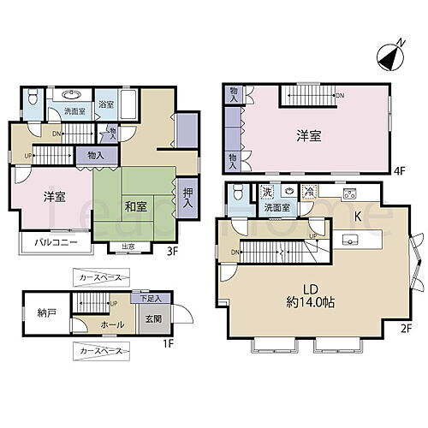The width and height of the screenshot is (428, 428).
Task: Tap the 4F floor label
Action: [397, 170]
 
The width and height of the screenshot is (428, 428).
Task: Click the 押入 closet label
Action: [187, 200]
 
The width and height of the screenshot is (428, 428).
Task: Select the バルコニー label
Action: [56, 242]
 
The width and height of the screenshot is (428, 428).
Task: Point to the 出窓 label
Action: [128, 248]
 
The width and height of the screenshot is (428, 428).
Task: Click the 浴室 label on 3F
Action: [105, 104]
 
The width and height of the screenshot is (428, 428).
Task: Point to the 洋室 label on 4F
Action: [309, 134]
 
